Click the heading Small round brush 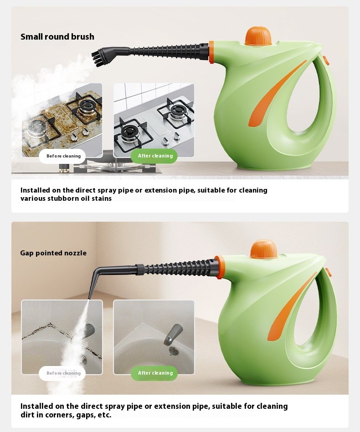click(x=57, y=36)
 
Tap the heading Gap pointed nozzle click(x=53, y=253)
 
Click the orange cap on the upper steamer click(x=258, y=36)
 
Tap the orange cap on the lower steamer click(x=263, y=249)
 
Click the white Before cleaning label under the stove click(x=62, y=156)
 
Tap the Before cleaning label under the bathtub click(x=62, y=373)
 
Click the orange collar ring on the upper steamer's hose click(x=211, y=52)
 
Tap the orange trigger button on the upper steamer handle click(x=325, y=61)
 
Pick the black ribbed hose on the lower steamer click(x=179, y=267)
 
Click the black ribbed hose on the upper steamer click(x=168, y=51)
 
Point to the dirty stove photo click(x=62, y=120)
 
